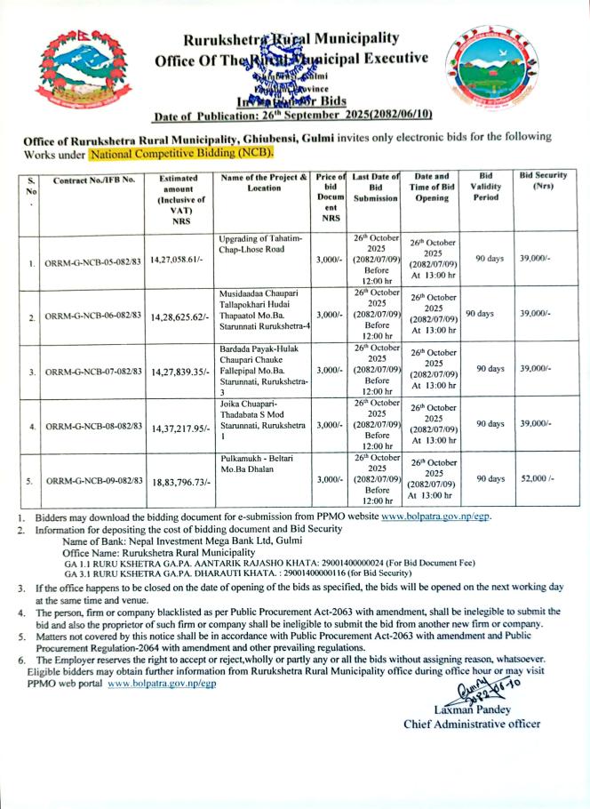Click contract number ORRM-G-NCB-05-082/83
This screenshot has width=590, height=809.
(x=93, y=263)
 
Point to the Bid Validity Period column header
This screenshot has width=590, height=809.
(x=490, y=186)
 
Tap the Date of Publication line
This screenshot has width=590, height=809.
(x=292, y=116)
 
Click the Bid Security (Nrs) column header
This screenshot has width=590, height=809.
(x=543, y=180)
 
